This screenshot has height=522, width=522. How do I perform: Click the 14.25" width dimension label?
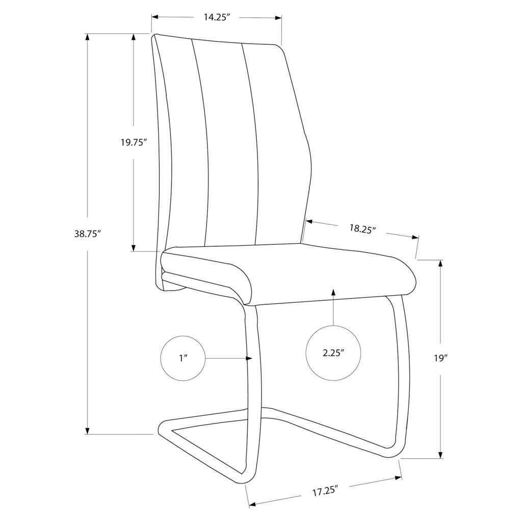(x=217, y=17)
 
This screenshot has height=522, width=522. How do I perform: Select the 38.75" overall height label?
(x=87, y=233)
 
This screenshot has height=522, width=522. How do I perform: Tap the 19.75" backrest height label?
(x=134, y=143)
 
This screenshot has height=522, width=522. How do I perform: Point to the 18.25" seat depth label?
(x=362, y=228)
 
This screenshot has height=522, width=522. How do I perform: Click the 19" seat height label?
(x=440, y=358)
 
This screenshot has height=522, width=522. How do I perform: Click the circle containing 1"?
(x=183, y=358)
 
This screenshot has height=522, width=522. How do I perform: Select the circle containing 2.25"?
(x=333, y=353)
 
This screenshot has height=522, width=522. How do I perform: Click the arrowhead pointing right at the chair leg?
(x=248, y=358)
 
